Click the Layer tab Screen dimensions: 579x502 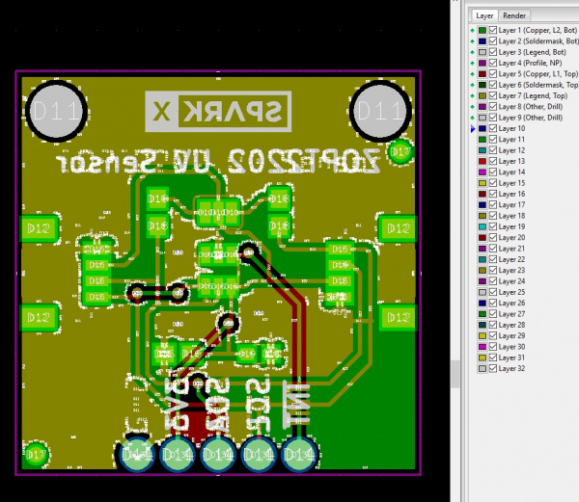[484, 15]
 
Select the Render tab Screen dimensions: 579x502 [514, 15]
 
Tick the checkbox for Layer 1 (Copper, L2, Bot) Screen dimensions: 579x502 [493, 31]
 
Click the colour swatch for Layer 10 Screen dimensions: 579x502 [482, 128]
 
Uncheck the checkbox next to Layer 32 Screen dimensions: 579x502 [493, 369]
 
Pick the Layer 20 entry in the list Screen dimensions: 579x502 [511, 237]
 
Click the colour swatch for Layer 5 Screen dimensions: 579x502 [482, 74]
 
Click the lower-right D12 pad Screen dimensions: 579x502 [397, 316]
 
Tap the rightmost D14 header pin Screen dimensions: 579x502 [300, 454]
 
